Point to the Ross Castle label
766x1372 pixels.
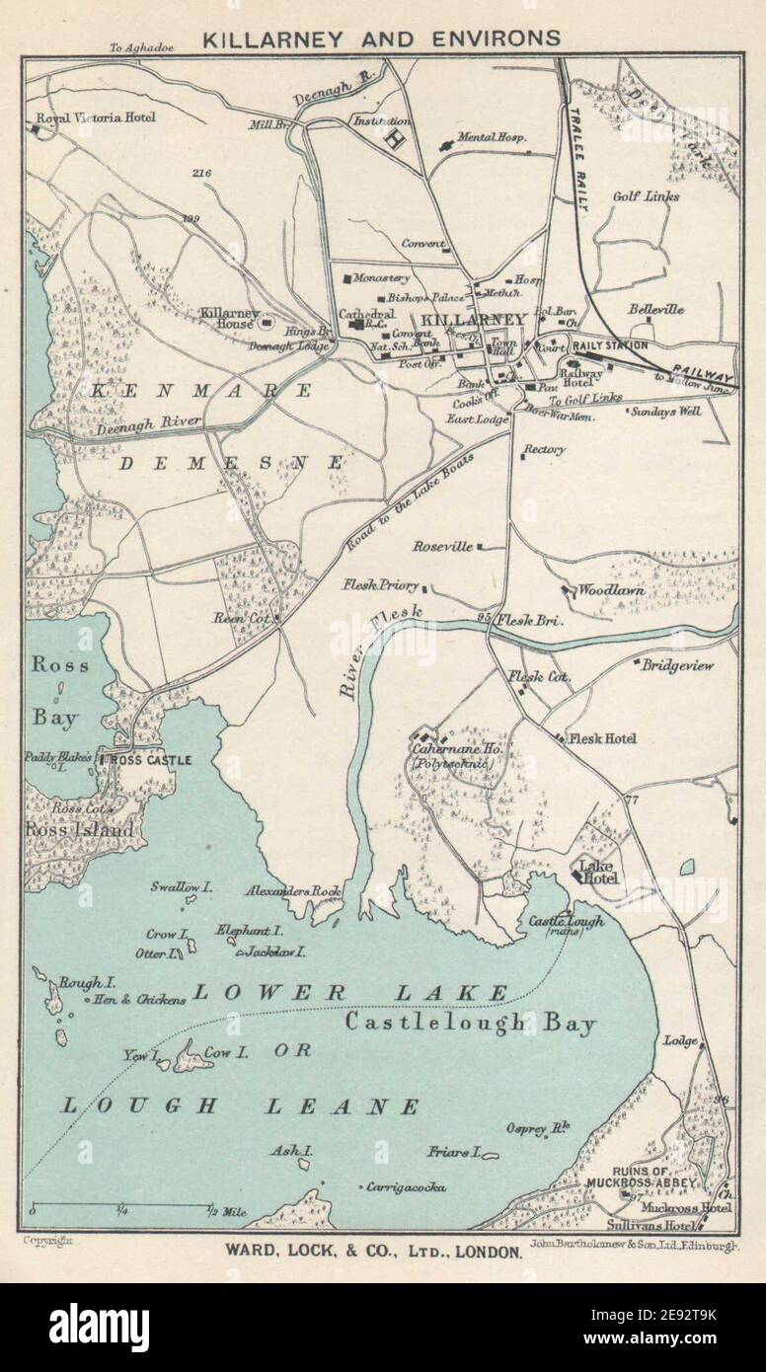coord(143,760)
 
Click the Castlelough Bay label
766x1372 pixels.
coord(470,1024)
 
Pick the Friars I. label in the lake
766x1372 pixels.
coord(454,1151)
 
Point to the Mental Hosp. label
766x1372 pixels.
coord(491,137)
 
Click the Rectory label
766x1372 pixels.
coord(545,450)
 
